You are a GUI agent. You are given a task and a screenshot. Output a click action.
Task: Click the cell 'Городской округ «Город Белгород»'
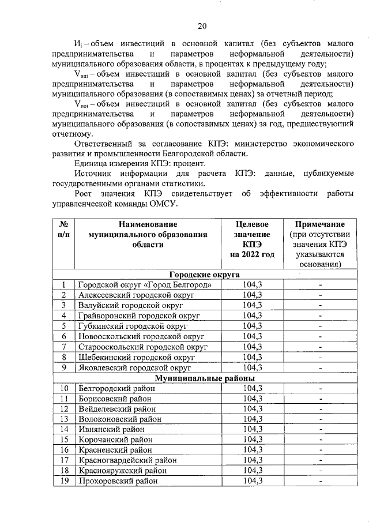[148, 285]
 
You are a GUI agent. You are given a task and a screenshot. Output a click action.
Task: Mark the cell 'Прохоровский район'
[118, 482]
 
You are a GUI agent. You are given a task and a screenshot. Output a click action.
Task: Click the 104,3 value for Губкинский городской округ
[252, 326]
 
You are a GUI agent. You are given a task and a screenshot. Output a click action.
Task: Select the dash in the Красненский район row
[319, 450]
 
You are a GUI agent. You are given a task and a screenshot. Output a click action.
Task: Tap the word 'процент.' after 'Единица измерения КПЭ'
[197, 164]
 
